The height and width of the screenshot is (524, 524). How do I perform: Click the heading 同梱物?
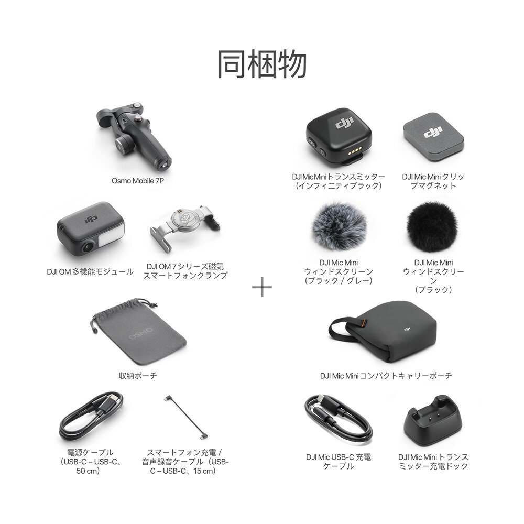point(262,64)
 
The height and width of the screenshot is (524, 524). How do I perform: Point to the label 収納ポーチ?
point(138,375)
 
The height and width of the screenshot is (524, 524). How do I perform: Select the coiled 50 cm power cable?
point(91,416)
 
